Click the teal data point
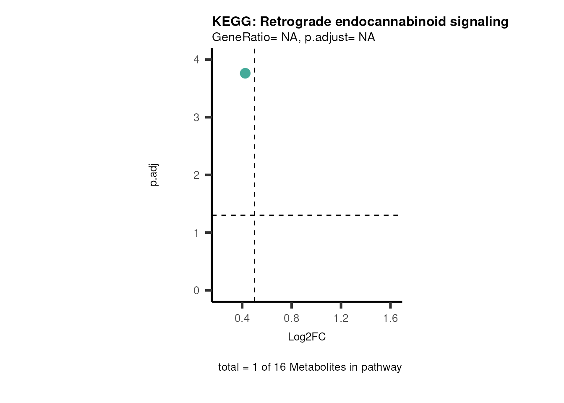(245, 73)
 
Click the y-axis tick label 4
(196, 60)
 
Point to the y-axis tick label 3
(196, 118)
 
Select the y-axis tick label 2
(196, 175)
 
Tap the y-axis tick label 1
(196, 233)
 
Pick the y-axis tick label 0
(196, 290)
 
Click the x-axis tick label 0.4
(242, 319)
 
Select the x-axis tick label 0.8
(292, 319)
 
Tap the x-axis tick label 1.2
(341, 319)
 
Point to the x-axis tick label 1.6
(390, 319)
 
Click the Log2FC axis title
(307, 337)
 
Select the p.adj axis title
(154, 175)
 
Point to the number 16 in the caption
(279, 367)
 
